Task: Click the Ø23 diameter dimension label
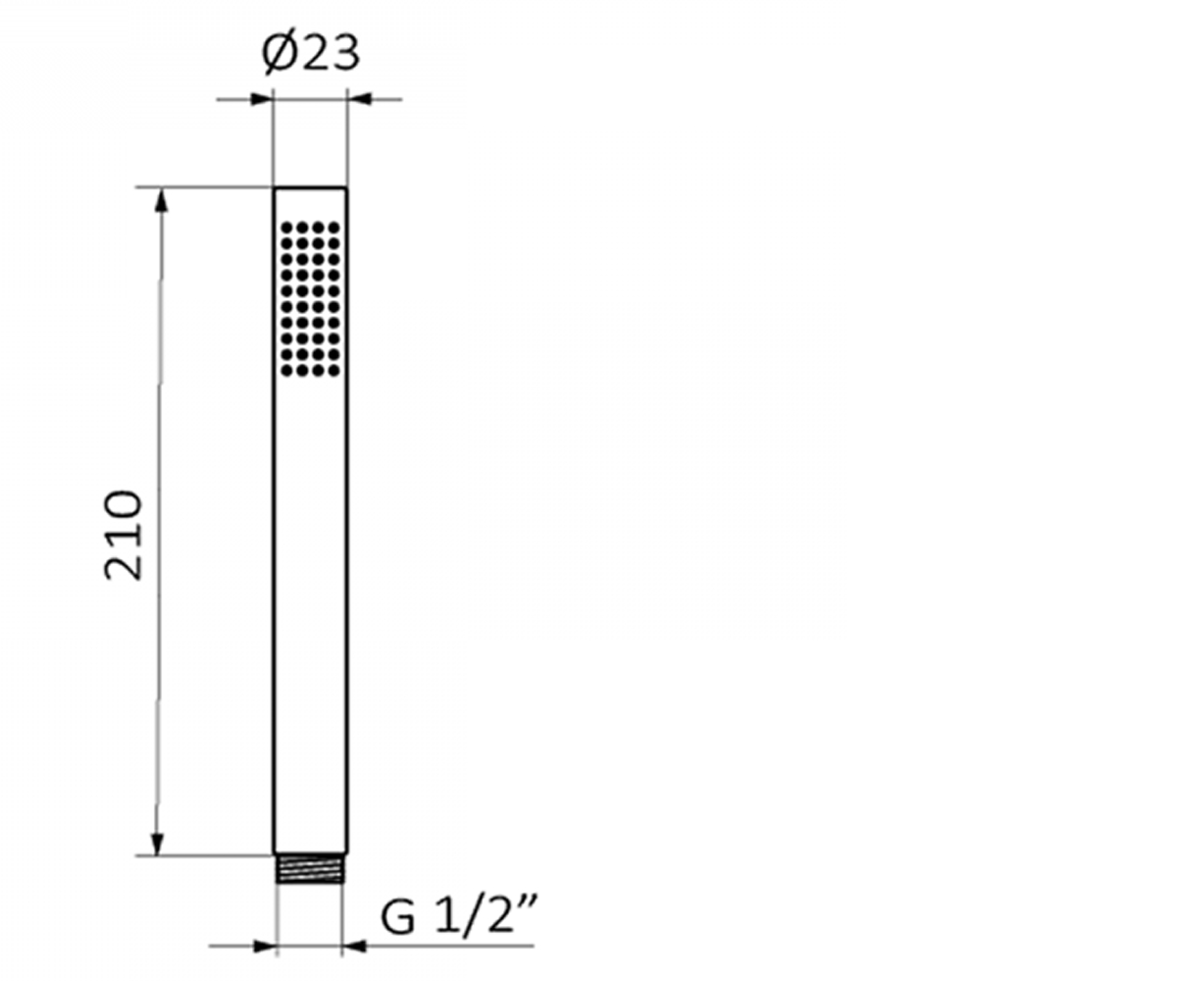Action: (x=311, y=54)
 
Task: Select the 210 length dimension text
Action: (x=123, y=535)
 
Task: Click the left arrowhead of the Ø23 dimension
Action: (x=262, y=99)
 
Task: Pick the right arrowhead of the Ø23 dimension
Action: (x=359, y=99)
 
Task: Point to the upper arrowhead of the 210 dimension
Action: (x=162, y=199)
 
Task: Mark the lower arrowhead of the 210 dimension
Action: (x=158, y=844)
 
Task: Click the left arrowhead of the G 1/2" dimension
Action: (x=266, y=946)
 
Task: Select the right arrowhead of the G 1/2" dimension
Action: (x=353, y=946)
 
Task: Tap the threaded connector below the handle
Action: (x=310, y=869)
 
